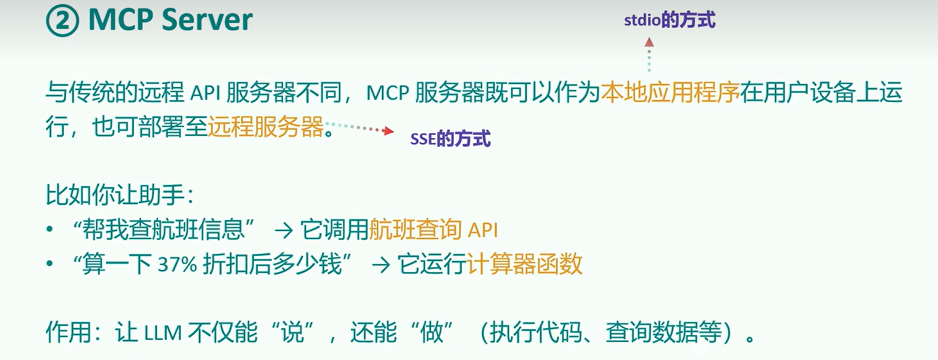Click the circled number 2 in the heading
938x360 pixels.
(x=62, y=21)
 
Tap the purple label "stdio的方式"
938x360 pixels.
(x=669, y=20)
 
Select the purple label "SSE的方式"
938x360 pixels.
(x=450, y=139)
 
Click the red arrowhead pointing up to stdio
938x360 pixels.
(x=649, y=42)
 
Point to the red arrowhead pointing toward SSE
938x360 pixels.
(x=389, y=131)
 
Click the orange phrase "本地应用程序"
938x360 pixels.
(x=670, y=93)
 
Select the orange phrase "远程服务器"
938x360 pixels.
(x=266, y=126)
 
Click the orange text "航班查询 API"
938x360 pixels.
(x=433, y=230)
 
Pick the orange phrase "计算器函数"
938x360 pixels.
(x=524, y=264)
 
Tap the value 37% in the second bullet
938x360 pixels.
(x=177, y=264)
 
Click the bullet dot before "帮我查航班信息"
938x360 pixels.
(x=50, y=230)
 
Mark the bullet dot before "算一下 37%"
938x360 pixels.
(x=50, y=264)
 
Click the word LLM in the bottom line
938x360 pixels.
(x=163, y=333)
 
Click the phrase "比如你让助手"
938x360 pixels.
(x=115, y=195)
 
